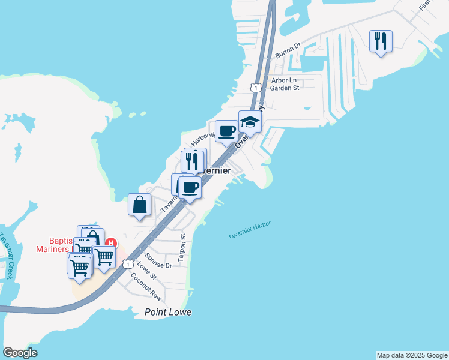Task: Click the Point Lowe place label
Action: (x=169, y=312)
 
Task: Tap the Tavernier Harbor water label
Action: (x=249, y=230)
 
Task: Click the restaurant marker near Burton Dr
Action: (x=381, y=41)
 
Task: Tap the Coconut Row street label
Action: (x=146, y=286)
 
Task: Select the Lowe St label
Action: (x=146, y=271)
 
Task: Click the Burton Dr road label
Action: (x=288, y=50)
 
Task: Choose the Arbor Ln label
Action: (x=284, y=80)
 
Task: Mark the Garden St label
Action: (x=284, y=88)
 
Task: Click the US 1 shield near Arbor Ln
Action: (x=256, y=88)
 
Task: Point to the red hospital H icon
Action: (x=110, y=243)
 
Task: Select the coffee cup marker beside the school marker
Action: (x=227, y=131)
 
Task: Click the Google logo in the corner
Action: (x=20, y=353)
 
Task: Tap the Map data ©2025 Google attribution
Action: (x=412, y=355)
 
